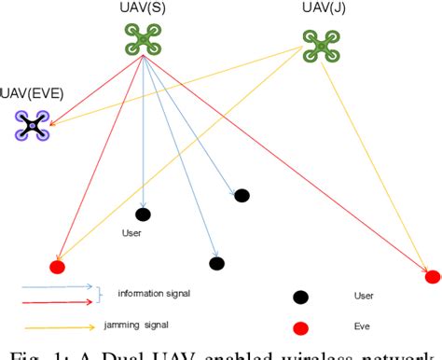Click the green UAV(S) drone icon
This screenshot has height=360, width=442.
(x=143, y=39)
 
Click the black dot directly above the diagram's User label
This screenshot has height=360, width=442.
(x=143, y=214)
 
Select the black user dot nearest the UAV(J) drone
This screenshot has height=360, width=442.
(x=242, y=195)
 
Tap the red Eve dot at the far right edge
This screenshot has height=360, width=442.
(x=433, y=276)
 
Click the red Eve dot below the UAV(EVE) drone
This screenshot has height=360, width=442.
(x=57, y=267)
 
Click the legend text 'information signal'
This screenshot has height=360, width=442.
(x=154, y=294)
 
